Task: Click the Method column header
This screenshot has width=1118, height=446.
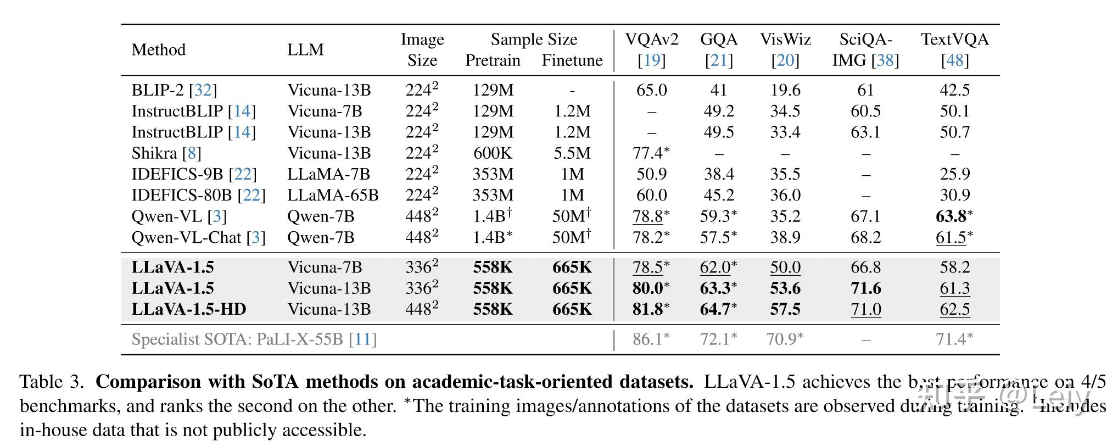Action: pyautogui.click(x=158, y=50)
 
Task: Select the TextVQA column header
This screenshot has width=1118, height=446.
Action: pyautogui.click(x=954, y=40)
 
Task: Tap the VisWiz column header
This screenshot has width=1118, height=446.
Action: pyautogui.click(x=785, y=40)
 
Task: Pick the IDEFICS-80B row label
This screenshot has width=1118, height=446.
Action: pyautogui.click(x=184, y=195)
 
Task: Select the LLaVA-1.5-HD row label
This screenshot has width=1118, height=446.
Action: pyautogui.click(x=188, y=309)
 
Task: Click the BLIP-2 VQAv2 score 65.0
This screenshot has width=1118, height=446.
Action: pyautogui.click(x=651, y=90)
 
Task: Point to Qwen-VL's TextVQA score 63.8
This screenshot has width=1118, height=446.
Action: pyautogui.click(x=951, y=216)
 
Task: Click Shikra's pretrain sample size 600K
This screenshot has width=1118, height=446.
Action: pyautogui.click(x=493, y=153)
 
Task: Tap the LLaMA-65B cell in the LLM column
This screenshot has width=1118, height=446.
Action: pyautogui.click(x=333, y=195)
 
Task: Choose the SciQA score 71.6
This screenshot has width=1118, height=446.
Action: pyautogui.click(x=865, y=288)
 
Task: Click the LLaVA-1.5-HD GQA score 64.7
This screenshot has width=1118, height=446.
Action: pyautogui.click(x=715, y=309)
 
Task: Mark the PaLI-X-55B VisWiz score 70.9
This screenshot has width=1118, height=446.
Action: pyautogui.click(x=781, y=339)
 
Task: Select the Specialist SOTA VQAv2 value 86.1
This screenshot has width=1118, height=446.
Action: pyautogui.click(x=648, y=339)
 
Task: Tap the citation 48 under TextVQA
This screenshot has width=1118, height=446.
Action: pyautogui.click(x=954, y=60)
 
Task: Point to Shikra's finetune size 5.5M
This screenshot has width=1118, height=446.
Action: pyautogui.click(x=572, y=153)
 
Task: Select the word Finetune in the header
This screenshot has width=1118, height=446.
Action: pyautogui.click(x=572, y=60)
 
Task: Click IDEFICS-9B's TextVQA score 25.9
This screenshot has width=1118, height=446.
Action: pyautogui.click(x=954, y=174)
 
